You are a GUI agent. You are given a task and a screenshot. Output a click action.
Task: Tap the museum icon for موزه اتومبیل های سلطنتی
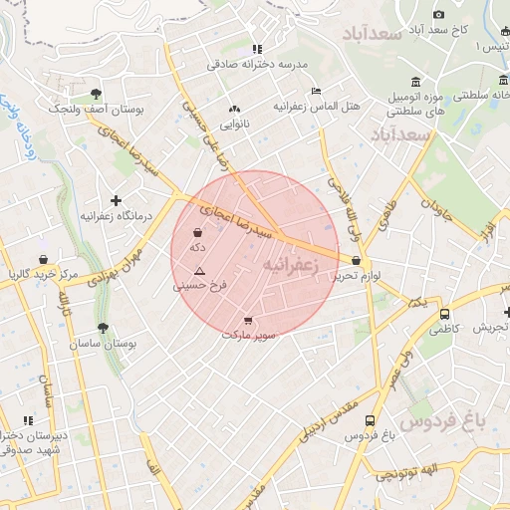(415, 83)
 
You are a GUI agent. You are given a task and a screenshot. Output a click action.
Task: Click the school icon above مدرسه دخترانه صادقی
(257, 48)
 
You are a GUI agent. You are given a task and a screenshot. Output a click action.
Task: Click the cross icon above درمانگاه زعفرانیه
(117, 200)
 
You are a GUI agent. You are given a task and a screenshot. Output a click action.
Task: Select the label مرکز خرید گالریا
(42, 273)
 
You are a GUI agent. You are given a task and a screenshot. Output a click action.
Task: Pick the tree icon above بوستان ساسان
(103, 327)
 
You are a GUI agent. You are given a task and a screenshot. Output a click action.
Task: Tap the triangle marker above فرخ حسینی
(200, 271)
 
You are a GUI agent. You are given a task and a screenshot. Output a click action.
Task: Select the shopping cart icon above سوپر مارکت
(247, 321)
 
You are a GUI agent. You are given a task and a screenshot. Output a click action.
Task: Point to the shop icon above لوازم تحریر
(356, 261)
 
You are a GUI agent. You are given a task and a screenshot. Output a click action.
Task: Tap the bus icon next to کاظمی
(443, 314)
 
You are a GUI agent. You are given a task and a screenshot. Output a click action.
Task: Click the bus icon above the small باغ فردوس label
(371, 421)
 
